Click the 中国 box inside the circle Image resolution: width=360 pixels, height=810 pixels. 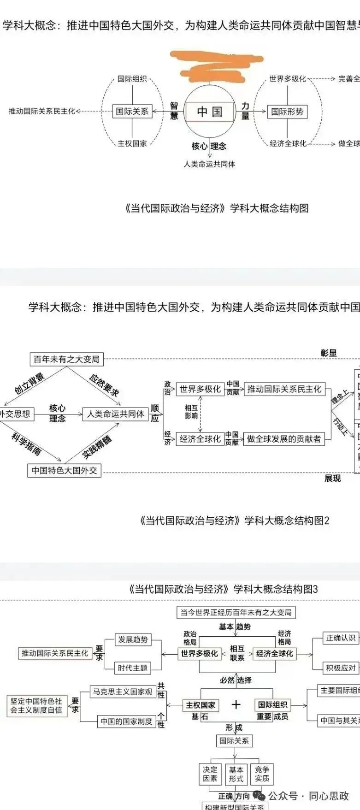pos(210,112)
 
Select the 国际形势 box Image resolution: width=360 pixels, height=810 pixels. pos(287,112)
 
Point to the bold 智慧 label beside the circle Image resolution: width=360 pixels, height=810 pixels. pos(174,111)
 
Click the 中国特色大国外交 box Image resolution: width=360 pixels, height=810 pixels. pos(64,470)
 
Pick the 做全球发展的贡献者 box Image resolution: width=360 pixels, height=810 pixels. pos(283,439)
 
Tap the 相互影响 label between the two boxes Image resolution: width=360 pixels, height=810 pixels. pos(191,412)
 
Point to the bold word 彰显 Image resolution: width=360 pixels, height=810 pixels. pos(329,353)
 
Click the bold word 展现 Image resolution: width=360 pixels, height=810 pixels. pos(332,479)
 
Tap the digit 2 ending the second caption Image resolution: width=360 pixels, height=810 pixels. pos(327,521)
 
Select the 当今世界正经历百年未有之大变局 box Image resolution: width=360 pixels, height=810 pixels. pos(236,612)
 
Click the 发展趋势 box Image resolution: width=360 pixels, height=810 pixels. pos(133,639)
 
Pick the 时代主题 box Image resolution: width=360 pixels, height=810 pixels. pos(133,668)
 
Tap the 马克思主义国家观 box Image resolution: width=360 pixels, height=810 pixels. pos(122,692)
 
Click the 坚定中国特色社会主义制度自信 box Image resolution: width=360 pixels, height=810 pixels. pos(36,705)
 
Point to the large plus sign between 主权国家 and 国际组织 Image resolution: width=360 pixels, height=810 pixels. pos(236,704)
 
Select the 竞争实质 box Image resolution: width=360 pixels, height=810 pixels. pos(262,774)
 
